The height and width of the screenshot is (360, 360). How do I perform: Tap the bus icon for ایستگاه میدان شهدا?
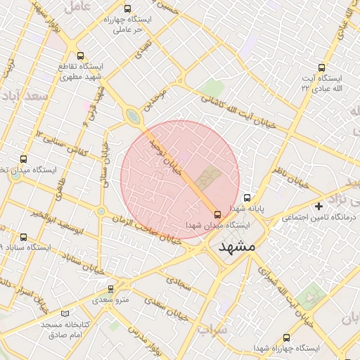pyautogui.click(x=216, y=214)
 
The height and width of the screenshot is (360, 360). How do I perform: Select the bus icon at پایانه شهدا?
pyautogui.click(x=247, y=198)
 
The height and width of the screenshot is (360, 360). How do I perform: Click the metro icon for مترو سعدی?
pyautogui.click(x=110, y=289)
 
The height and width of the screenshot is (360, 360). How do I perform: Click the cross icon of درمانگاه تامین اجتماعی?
pyautogui.click(x=319, y=206)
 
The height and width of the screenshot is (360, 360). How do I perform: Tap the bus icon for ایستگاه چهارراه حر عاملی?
pyautogui.click(x=127, y=9)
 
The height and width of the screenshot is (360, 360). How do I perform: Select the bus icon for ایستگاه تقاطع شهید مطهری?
pyautogui.click(x=79, y=56)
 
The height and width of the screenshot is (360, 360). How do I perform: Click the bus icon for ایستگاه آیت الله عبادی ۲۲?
pyautogui.click(x=321, y=68)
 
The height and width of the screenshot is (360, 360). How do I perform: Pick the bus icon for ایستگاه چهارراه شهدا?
pyautogui.click(x=285, y=337)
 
